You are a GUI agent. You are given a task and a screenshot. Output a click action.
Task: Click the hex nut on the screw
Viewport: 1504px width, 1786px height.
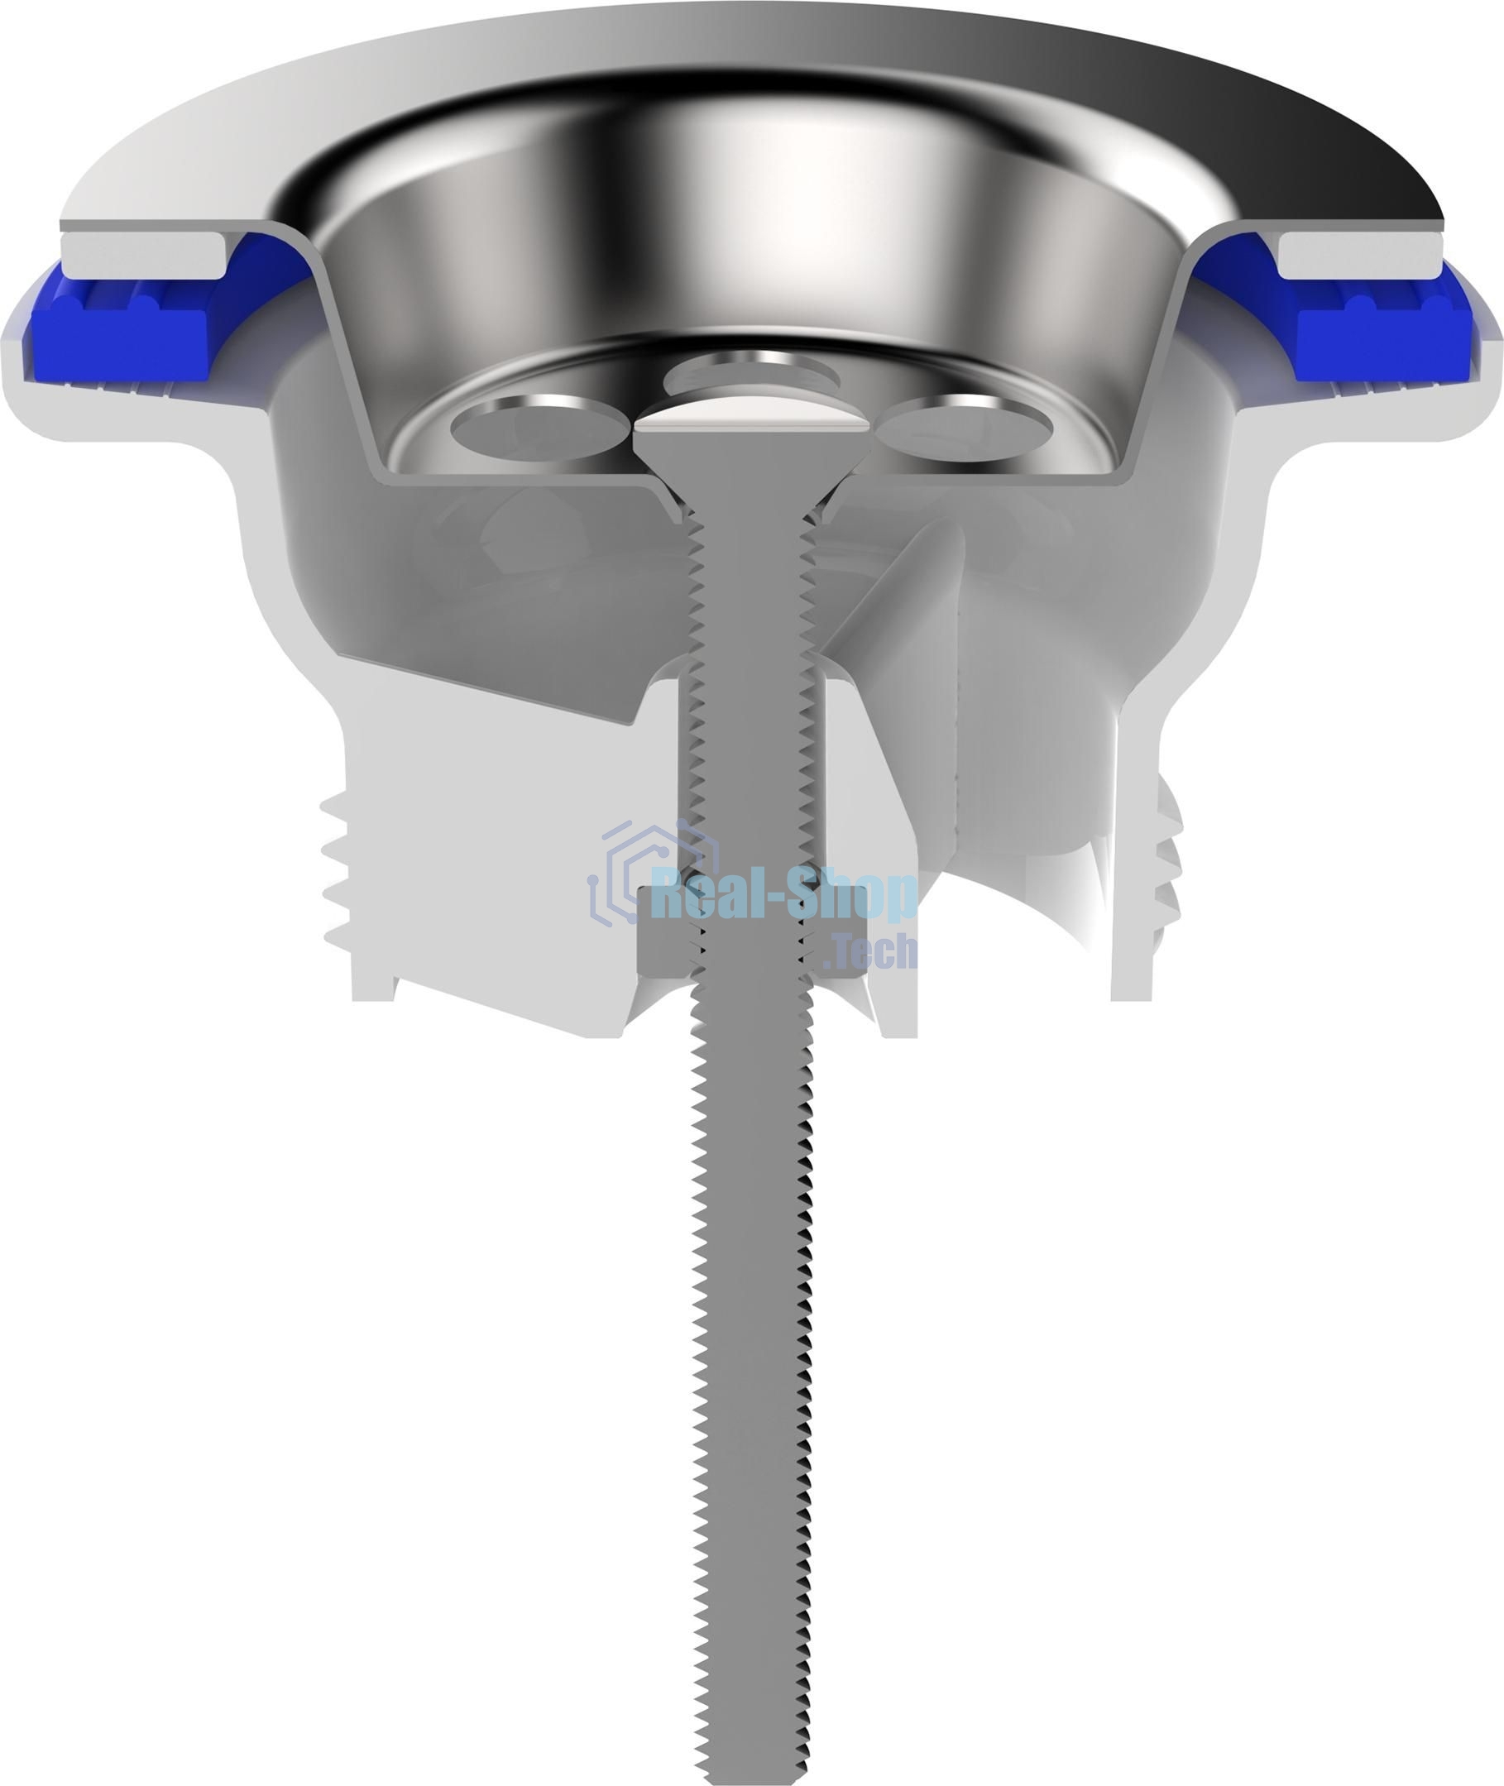click(750, 933)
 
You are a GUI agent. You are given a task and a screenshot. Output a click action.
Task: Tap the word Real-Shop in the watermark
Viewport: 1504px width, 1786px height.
click(783, 893)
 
